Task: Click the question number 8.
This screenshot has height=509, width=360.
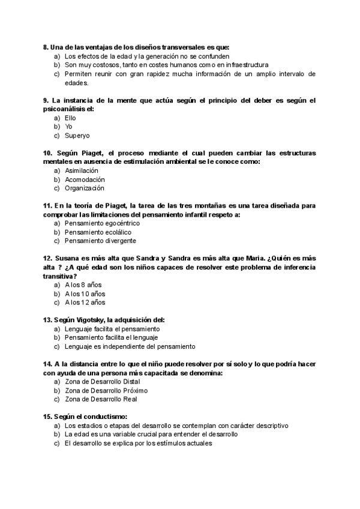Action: point(46,47)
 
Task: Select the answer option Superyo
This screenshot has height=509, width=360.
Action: point(77,136)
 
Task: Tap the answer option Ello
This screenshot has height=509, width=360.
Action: point(71,118)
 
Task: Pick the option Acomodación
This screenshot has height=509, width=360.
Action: point(85,179)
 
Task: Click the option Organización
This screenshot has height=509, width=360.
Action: point(85,188)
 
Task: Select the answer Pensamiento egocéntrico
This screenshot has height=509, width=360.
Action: point(98,223)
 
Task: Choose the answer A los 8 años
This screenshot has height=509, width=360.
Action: point(85,285)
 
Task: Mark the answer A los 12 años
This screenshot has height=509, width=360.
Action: point(86,303)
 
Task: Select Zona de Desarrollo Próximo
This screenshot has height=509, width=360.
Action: point(106,390)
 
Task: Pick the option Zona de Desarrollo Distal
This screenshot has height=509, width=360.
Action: point(103,381)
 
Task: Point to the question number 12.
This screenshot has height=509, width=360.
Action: point(48,258)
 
